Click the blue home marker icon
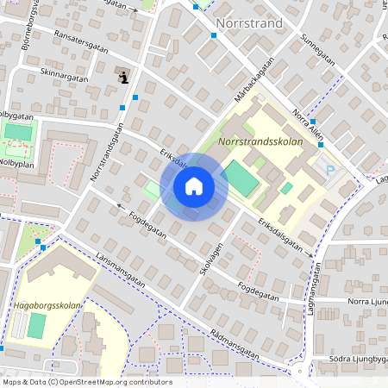click(194, 186)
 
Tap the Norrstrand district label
click(249, 23)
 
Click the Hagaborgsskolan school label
click(47, 305)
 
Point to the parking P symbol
click(329, 171)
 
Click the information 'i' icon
click(123, 78)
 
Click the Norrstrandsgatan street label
click(106, 152)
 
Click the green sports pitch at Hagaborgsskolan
click(36, 326)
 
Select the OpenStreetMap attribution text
click(86, 382)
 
